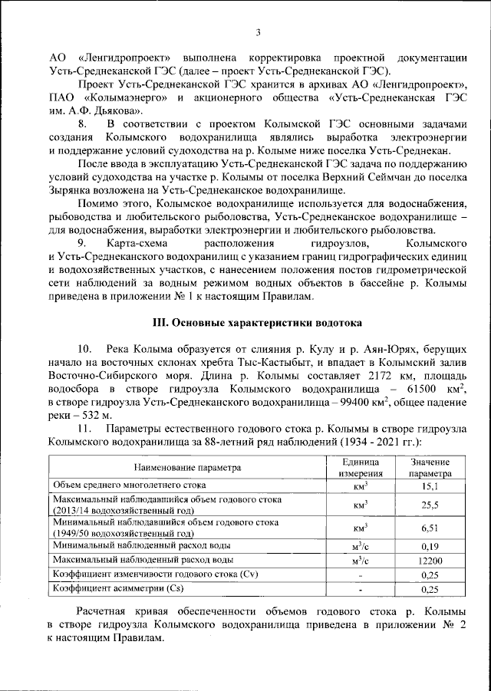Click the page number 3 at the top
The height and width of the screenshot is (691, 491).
[x=259, y=32]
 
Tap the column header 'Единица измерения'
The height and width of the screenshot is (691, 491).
[x=361, y=467]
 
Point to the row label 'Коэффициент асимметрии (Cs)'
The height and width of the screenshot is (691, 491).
[x=111, y=589]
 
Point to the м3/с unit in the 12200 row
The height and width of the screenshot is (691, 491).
[x=361, y=560]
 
